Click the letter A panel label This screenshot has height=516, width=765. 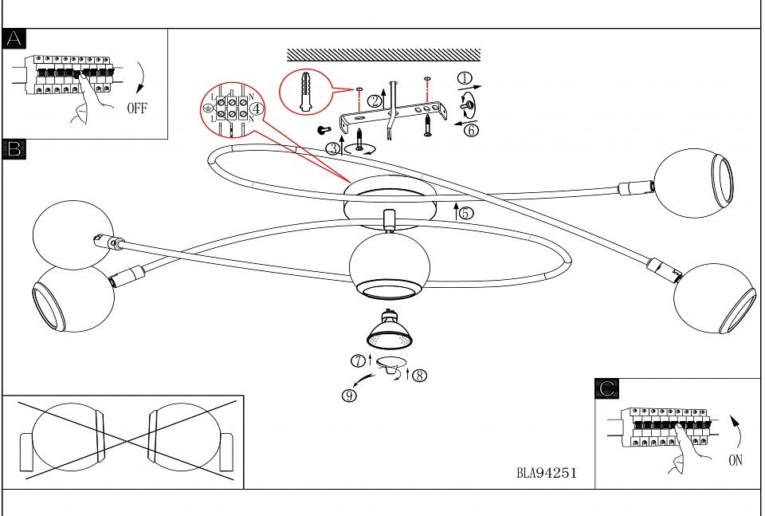(x=14, y=39)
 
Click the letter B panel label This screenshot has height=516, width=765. (x=14, y=149)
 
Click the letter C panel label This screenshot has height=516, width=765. (x=606, y=388)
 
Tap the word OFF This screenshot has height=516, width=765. (x=137, y=109)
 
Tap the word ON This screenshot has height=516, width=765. (x=736, y=460)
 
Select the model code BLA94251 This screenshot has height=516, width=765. (x=546, y=473)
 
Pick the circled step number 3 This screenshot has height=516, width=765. (x=331, y=148)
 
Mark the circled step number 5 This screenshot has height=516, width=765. (x=466, y=213)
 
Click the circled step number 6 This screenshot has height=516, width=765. (x=472, y=130)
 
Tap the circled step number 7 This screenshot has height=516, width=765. (x=358, y=361)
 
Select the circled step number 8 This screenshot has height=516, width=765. (x=420, y=375)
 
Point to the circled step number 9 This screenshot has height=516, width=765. (x=349, y=392)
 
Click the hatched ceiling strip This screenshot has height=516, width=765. (x=383, y=55)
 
